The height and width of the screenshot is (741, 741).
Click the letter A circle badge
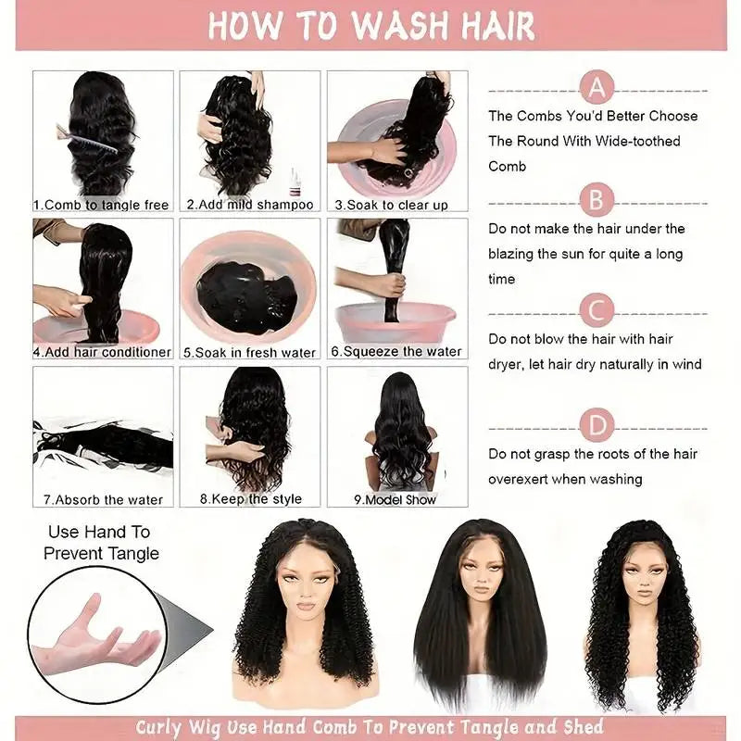[597, 89]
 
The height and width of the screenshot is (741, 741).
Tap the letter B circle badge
[597, 199]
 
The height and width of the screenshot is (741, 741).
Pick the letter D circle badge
[597, 426]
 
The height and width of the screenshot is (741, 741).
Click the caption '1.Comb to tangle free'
[101, 205]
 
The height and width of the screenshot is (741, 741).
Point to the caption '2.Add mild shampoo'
[250, 205]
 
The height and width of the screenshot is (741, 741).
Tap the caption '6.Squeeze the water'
[397, 352]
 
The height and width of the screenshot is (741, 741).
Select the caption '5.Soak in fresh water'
[249, 353]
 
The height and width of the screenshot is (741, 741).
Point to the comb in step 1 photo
[93, 139]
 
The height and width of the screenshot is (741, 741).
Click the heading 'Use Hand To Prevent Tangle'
[101, 543]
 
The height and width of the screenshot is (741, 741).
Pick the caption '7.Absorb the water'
[102, 500]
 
